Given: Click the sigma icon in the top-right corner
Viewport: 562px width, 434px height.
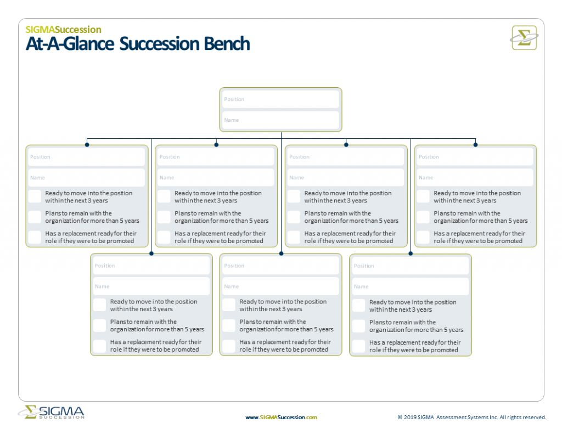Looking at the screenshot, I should tap(524, 38).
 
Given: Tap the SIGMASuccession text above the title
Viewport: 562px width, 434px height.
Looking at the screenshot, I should tap(63, 30).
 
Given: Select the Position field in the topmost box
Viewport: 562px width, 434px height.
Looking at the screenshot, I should tap(280, 99).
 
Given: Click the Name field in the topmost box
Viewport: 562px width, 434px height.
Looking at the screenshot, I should tap(280, 120).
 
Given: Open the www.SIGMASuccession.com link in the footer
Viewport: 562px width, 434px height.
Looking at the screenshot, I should tap(281, 418).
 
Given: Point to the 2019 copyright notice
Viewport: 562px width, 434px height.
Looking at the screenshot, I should tap(472, 418).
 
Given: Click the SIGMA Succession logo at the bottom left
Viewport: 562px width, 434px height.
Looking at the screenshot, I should tap(52, 413).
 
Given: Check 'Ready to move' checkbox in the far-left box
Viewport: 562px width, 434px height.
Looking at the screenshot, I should tap(35, 196).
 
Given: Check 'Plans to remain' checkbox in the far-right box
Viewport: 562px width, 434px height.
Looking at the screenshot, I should tap(423, 217).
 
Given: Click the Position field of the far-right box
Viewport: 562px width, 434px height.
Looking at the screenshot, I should tap(475, 157).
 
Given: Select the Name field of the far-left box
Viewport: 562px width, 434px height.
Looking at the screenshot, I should tap(87, 178).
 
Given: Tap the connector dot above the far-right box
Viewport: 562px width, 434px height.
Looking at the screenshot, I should tap(475, 145).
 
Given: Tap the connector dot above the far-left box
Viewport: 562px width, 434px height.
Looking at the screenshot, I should tap(87, 145).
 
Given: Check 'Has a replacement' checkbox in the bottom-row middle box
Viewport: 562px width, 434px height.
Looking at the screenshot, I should tap(229, 346).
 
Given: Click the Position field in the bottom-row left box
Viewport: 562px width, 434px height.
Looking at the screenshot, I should tap(151, 266).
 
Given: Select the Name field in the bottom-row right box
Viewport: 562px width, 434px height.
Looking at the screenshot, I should tap(411, 286).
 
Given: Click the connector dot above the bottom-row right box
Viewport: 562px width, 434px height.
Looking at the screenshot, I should tap(411, 253).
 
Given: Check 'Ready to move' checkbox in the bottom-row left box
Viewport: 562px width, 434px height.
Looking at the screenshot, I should tap(99, 305).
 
